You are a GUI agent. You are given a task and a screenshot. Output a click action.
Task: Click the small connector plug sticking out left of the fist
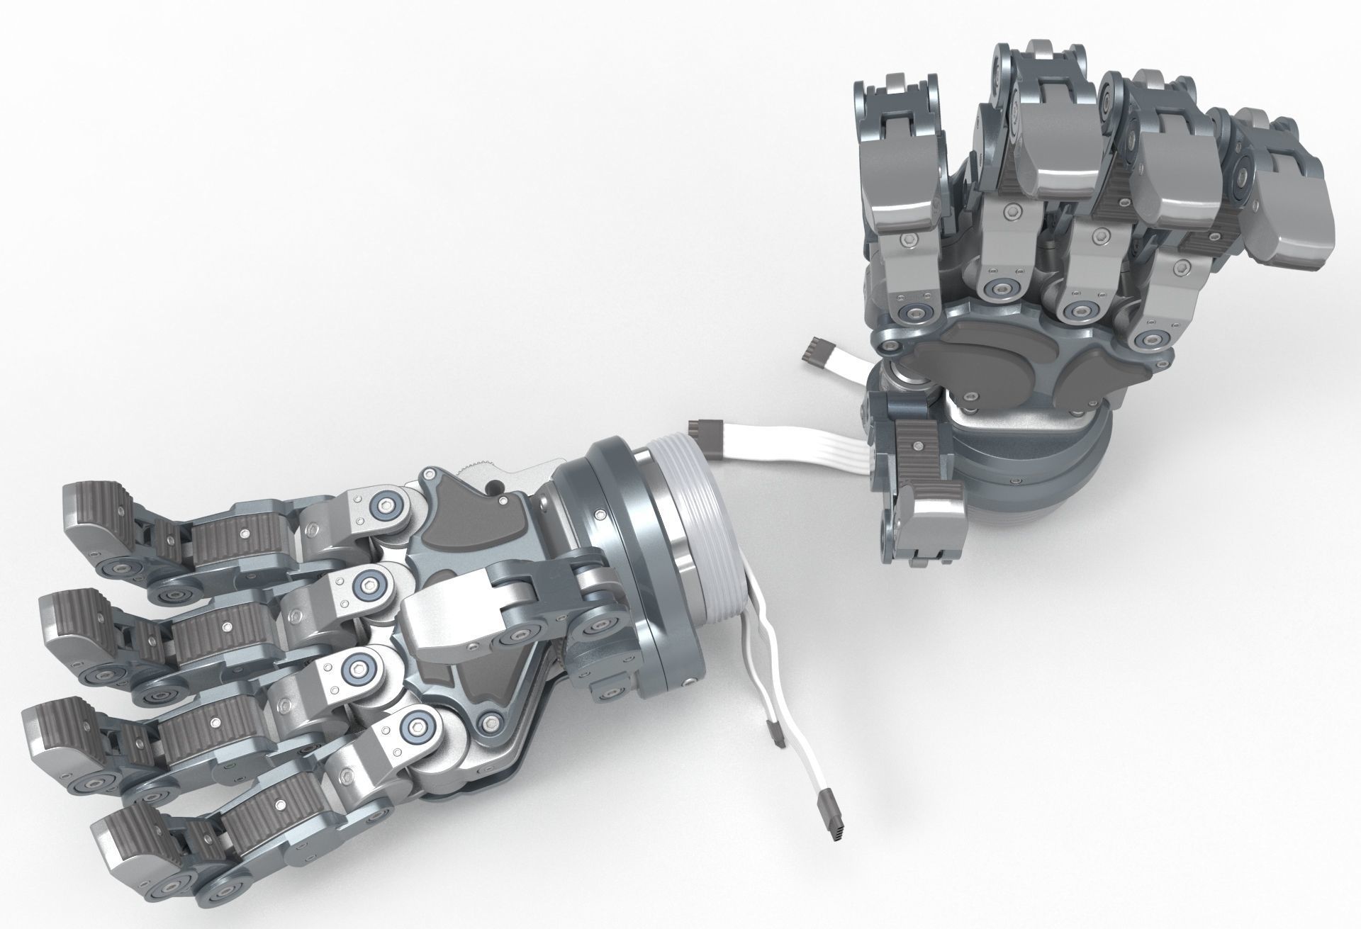coord(817,351)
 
